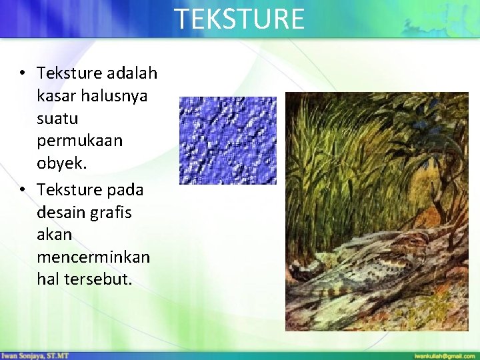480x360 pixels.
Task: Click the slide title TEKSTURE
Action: tap(239, 19)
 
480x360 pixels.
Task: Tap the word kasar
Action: tap(56, 95)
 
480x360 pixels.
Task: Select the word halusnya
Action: tap(114, 95)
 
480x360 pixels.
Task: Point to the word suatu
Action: tap(57, 119)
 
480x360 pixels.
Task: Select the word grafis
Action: tap(115, 213)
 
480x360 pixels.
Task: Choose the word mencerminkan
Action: tap(93, 257)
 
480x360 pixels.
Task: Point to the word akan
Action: tap(54, 235)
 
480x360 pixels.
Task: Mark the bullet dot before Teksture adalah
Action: tap(23, 73)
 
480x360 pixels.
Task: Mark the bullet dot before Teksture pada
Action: tap(23, 190)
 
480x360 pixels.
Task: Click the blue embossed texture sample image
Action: tap(227, 140)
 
